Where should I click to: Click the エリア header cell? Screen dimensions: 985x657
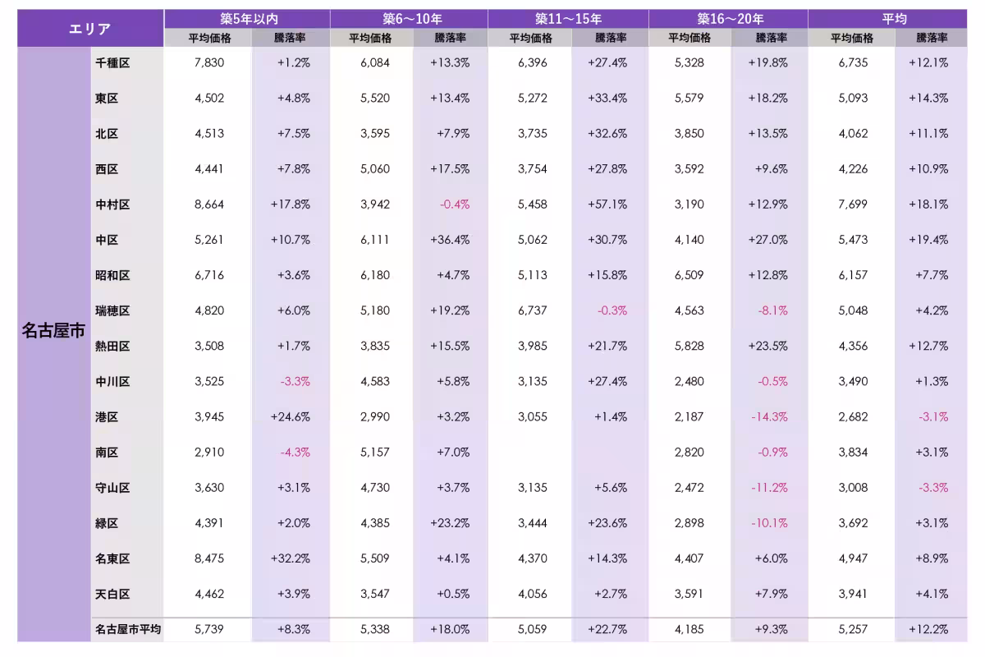90,29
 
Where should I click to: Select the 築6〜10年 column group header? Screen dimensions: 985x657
411,19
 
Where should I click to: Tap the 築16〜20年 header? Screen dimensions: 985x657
730,19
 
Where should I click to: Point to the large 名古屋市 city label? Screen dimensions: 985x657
53,330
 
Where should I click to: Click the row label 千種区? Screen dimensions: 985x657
112,63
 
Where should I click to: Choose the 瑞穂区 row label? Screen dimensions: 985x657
112,310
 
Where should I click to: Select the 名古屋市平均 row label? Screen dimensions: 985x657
128,629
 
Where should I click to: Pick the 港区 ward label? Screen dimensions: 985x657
107,416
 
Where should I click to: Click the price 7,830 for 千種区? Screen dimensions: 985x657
209,62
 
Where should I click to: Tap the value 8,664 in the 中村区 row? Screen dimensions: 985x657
209,204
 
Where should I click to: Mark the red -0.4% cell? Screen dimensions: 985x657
455,204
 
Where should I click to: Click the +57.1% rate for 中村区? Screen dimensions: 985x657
607,204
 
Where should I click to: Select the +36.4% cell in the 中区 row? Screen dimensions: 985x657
450,240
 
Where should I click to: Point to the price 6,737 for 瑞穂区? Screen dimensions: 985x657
532,310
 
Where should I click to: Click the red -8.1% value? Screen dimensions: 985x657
772,310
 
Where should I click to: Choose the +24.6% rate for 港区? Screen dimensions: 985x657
291,416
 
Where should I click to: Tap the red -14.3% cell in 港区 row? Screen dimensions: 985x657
769,416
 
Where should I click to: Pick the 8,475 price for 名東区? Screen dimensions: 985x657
209,558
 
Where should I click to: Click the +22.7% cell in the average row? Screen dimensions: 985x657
607,629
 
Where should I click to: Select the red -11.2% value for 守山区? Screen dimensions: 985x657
769,488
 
